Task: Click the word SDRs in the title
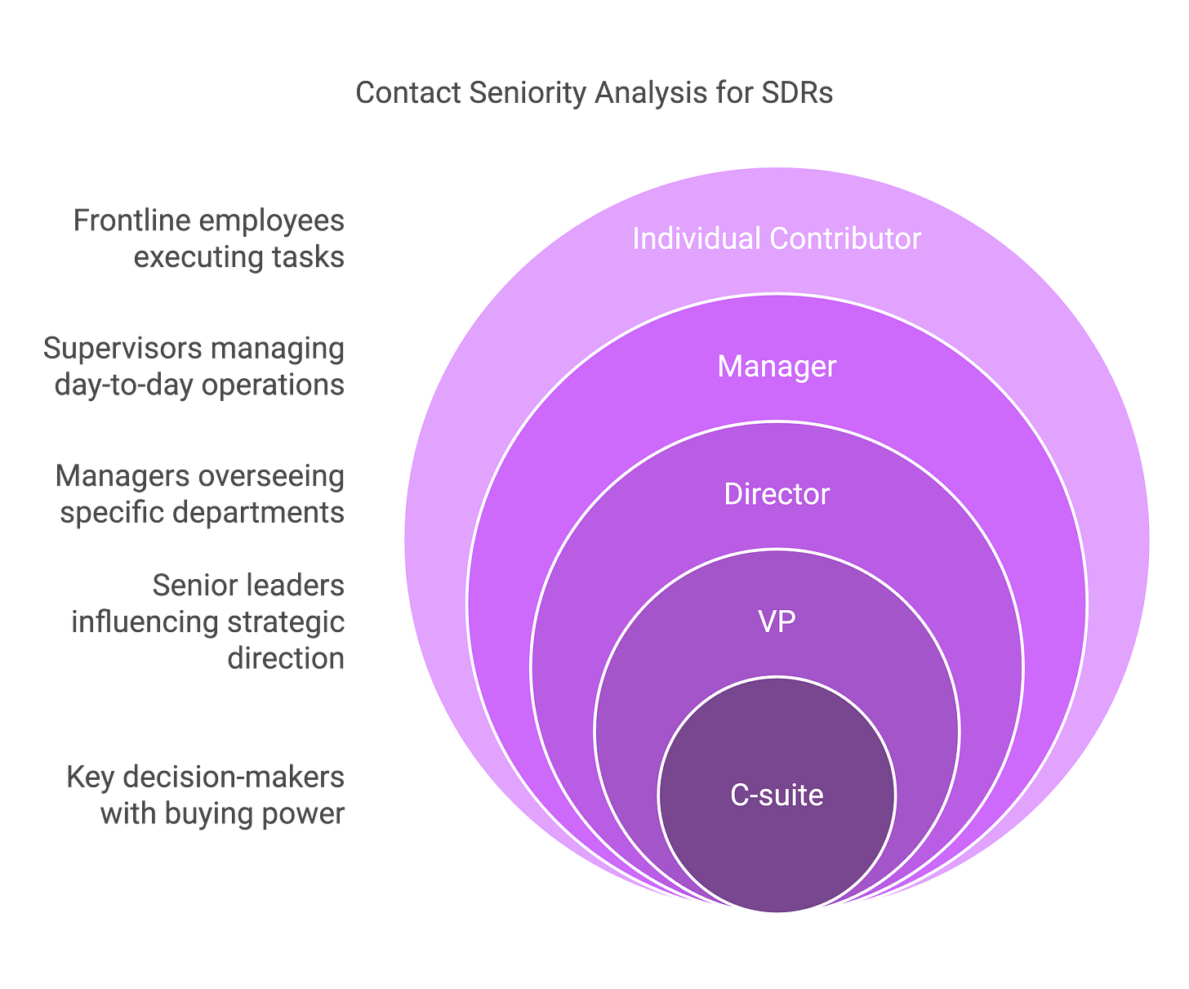[797, 93]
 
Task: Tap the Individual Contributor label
[777, 238]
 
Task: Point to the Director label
[777, 494]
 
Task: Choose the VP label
[777, 621]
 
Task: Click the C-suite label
[777, 795]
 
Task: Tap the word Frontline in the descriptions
[131, 221]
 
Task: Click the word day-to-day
[125, 385]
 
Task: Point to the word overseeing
[266, 478]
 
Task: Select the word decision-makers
[234, 777]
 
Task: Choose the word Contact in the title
[407, 93]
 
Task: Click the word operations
[273, 385]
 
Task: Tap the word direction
[286, 659]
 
